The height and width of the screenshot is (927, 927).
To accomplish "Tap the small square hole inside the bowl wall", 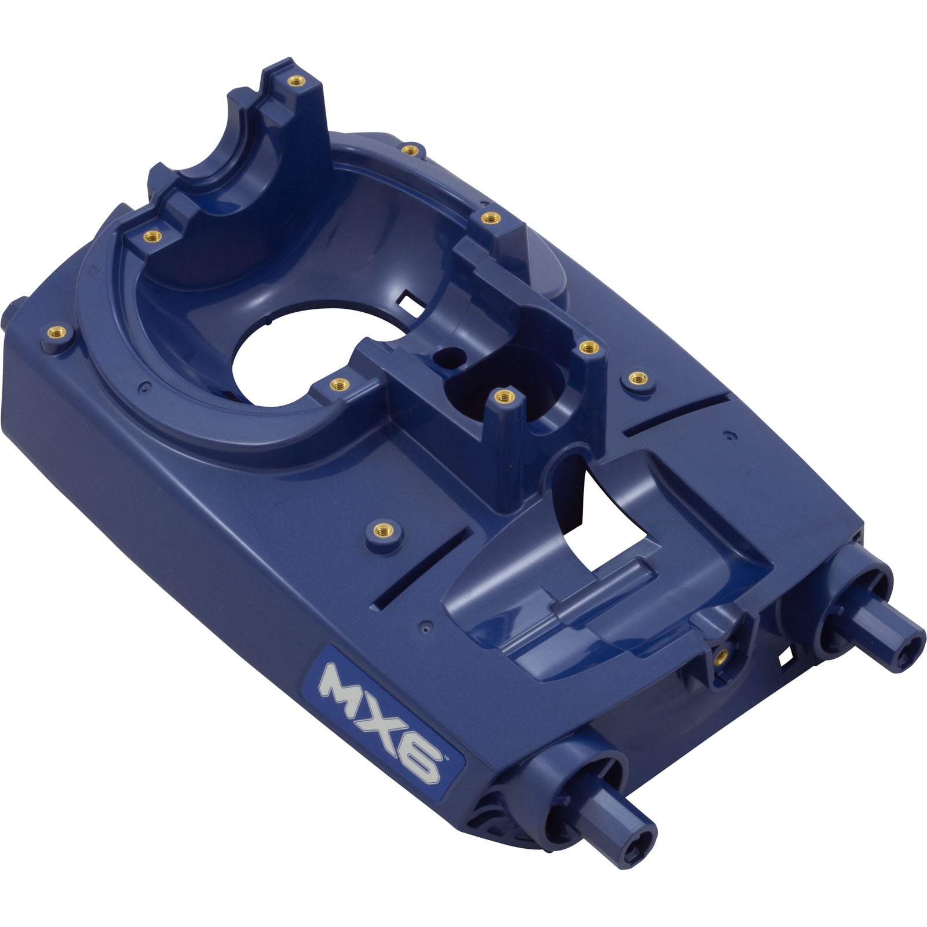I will tap(408, 301).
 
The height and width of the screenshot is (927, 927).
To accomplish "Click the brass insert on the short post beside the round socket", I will tap(503, 397).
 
